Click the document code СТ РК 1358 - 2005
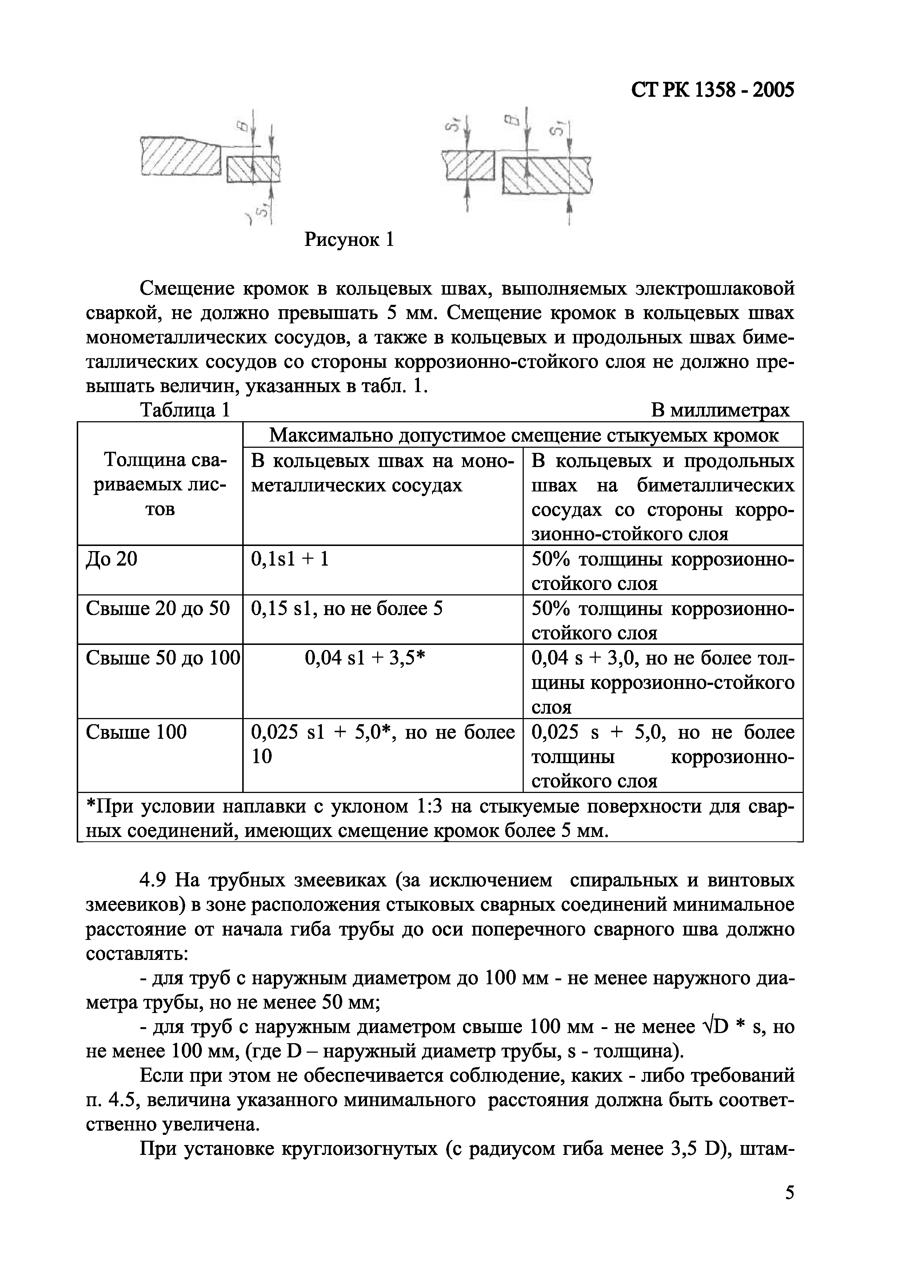pyautogui.click(x=713, y=89)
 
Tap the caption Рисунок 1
pyautogui.click(x=350, y=240)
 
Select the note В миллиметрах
pyautogui.click(x=720, y=410)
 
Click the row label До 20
pyautogui.click(x=111, y=559)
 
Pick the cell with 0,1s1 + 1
pyautogui.click(x=290, y=559)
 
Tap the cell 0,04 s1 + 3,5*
pyautogui.click(x=365, y=658)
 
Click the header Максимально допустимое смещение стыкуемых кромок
pyautogui.click(x=523, y=435)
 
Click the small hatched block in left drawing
pyautogui.click(x=254, y=169)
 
